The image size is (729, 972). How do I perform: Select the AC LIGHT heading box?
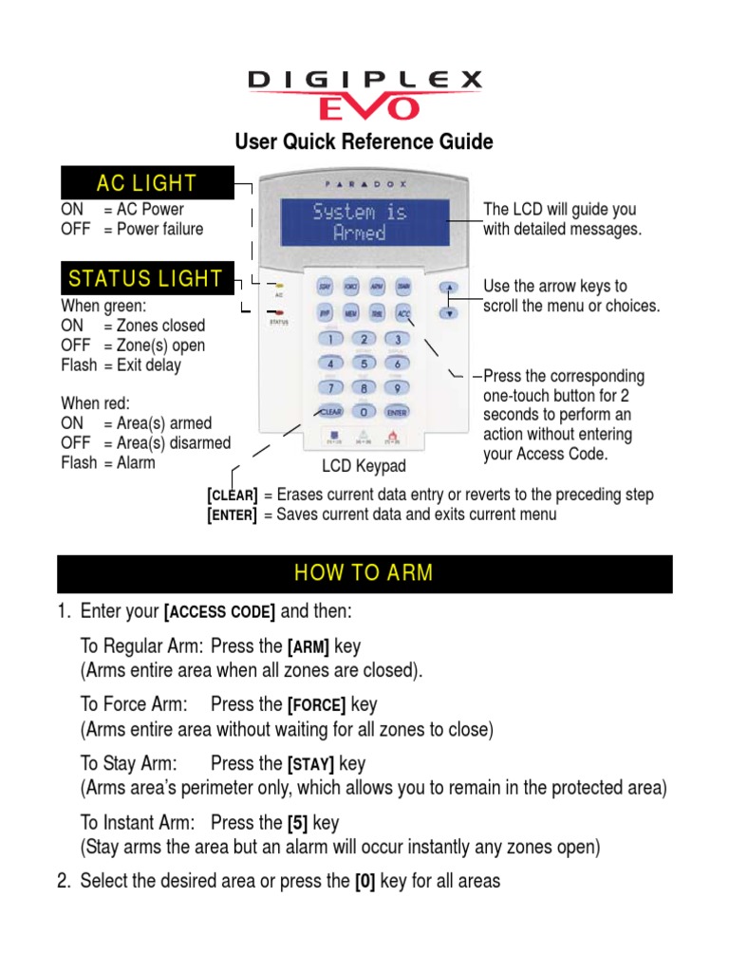click(x=146, y=183)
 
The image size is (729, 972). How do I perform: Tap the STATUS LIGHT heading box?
click(x=146, y=279)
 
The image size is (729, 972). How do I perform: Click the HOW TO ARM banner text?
click(x=364, y=573)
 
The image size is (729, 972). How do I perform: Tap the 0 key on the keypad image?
click(x=363, y=413)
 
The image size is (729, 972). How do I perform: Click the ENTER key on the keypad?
click(x=398, y=413)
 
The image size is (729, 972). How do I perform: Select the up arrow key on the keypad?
click(x=451, y=288)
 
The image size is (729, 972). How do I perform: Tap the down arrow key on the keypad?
click(x=451, y=311)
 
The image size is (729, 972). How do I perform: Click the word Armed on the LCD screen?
click(x=360, y=234)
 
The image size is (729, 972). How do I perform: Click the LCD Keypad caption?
click(x=364, y=466)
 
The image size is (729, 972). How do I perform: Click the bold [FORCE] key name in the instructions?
click(x=317, y=705)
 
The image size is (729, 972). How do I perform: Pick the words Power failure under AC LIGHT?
click(x=159, y=229)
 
